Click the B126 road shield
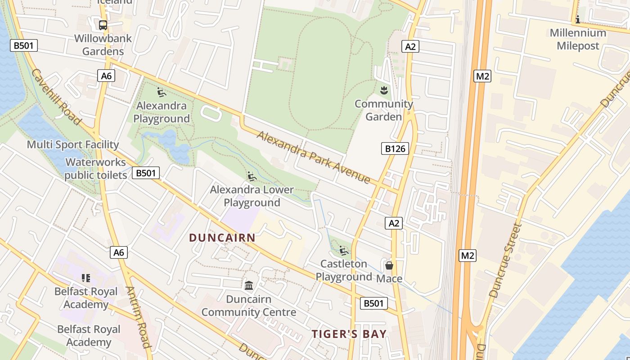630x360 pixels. point(395,148)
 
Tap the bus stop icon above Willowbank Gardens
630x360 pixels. point(103,25)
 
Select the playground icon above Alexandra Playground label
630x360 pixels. point(162,92)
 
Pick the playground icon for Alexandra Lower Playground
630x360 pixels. point(252,176)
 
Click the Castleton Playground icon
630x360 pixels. point(344,251)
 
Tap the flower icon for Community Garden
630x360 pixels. point(384,90)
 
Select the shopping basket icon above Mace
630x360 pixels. point(389,265)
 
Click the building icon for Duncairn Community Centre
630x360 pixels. point(248,286)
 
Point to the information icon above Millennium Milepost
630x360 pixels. point(577,19)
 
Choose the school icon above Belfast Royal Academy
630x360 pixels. point(86,278)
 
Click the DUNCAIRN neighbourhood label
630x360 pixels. point(222,238)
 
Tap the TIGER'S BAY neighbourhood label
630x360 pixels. point(349,333)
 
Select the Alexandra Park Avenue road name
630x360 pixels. point(314,157)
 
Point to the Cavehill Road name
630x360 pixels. point(56,97)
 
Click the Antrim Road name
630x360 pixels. point(138,317)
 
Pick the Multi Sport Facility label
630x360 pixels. point(73,145)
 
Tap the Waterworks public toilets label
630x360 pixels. point(95,169)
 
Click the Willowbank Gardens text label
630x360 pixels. point(103,45)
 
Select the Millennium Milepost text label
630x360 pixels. point(578,39)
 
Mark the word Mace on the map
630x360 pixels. point(389,279)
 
